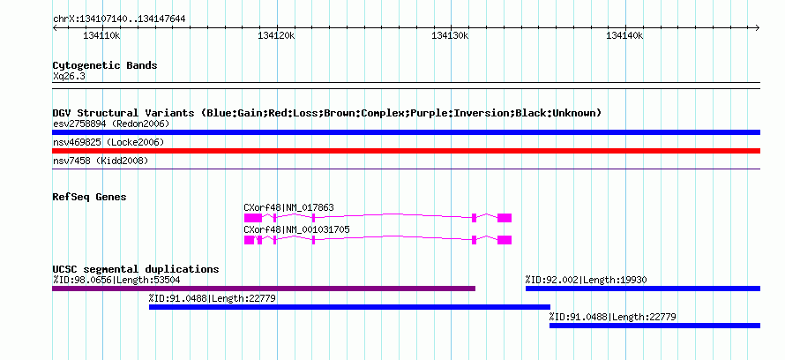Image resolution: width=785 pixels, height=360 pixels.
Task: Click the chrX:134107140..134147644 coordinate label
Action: point(119,19)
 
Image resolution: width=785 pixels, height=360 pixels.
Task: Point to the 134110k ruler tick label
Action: point(101,35)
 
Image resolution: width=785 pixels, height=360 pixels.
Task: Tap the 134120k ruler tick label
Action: point(276,35)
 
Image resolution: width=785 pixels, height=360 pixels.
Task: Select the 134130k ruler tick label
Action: point(451,35)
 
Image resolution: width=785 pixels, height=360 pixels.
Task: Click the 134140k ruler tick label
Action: point(624,35)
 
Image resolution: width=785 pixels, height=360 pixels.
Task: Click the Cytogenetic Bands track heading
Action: point(105,65)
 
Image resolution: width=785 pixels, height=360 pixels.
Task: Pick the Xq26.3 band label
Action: point(69,77)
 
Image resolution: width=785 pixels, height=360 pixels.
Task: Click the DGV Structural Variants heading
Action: point(327,113)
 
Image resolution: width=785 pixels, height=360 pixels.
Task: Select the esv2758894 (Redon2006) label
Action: point(111,124)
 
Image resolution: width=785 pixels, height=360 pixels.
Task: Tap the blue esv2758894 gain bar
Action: point(407,132)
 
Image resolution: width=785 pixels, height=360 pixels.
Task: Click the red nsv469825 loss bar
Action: point(407,151)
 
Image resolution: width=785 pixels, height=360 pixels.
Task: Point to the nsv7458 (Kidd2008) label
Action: point(101,161)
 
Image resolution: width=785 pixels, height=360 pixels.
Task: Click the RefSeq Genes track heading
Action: point(90,198)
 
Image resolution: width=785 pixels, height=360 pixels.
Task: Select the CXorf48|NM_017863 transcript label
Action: point(289,207)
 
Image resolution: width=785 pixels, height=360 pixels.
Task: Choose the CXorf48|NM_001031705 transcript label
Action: point(297,229)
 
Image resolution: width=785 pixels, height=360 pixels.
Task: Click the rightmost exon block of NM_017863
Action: point(505,218)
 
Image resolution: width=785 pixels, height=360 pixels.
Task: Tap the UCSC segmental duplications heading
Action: point(136,269)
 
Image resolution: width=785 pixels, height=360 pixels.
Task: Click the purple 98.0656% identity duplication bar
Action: point(264,289)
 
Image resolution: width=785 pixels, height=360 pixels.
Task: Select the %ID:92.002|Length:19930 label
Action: point(586,280)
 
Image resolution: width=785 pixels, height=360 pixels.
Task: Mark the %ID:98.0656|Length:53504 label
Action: point(116,280)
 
